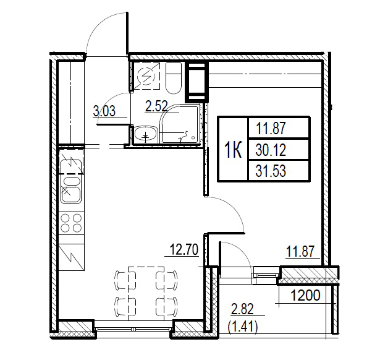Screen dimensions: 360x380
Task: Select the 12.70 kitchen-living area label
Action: (x=182, y=251)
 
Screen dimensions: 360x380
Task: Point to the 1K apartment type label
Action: (x=232, y=150)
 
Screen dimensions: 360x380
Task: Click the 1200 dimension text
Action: (x=305, y=296)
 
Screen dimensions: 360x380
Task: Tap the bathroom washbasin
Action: (x=146, y=134)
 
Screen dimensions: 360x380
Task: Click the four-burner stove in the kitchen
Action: (x=73, y=223)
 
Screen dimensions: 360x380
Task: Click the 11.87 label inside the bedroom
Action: (x=301, y=251)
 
